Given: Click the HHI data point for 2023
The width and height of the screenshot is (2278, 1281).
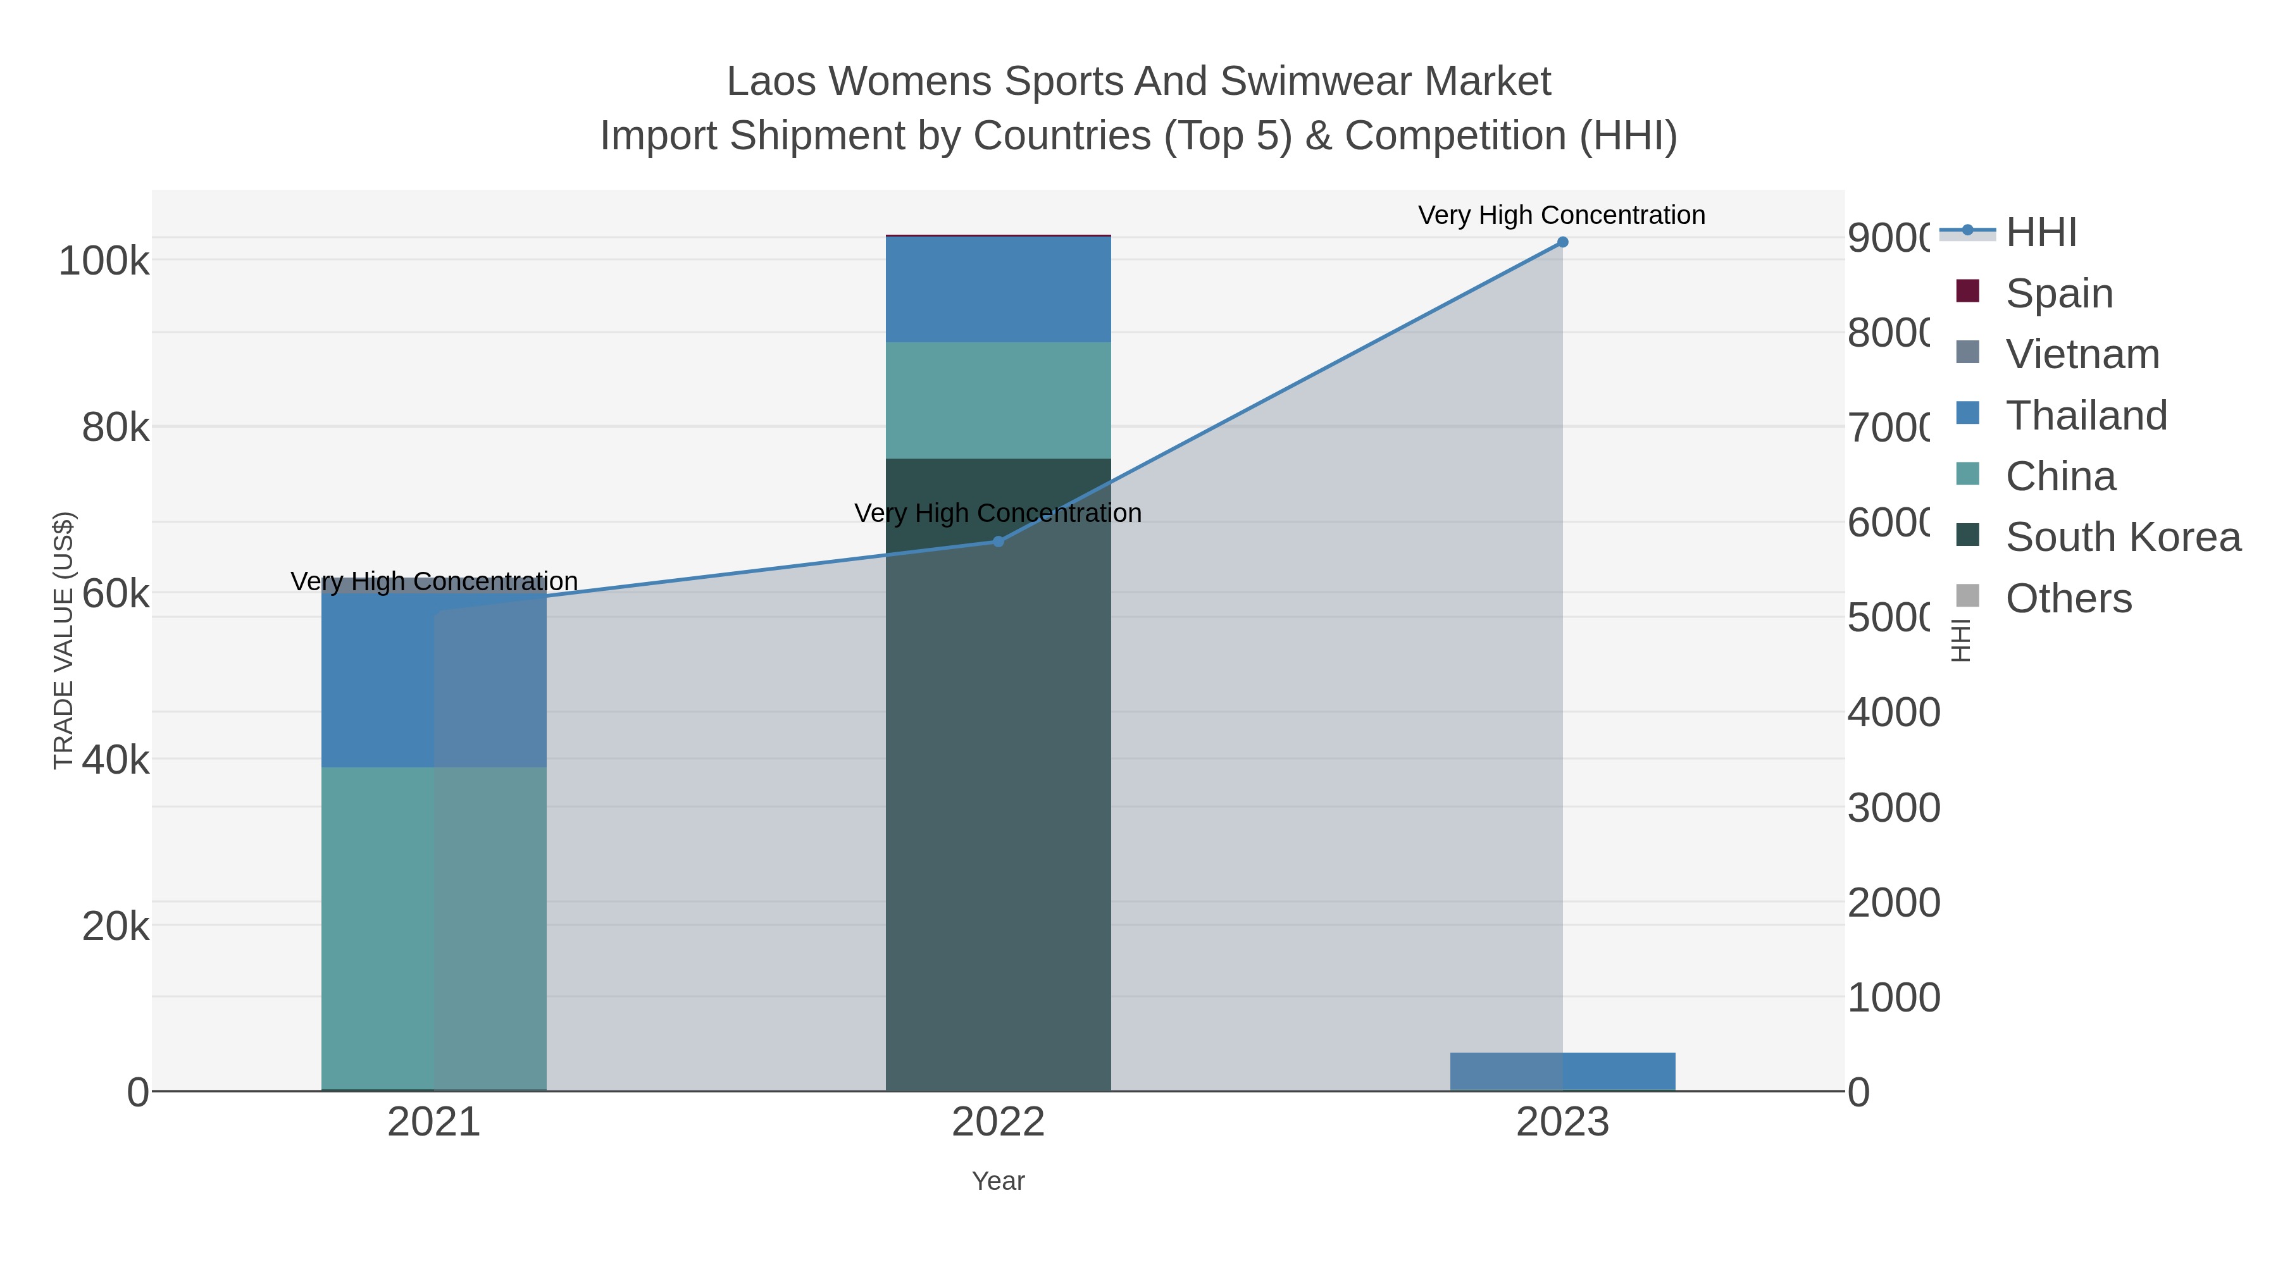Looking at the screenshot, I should (x=1562, y=242).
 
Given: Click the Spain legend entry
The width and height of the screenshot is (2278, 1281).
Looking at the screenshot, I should (x=2058, y=294).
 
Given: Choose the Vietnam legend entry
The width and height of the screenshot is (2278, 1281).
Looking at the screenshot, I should (x=2082, y=354).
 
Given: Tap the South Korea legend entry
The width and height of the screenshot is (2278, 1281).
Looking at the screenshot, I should (x=2122, y=538).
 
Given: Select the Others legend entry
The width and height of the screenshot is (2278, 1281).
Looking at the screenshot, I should (x=2067, y=598).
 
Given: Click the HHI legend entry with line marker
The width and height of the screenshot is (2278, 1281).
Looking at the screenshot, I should (x=2039, y=233).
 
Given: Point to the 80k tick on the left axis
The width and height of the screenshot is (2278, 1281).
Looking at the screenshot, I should (x=116, y=428).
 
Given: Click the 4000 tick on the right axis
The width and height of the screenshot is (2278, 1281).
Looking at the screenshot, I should (x=1893, y=712).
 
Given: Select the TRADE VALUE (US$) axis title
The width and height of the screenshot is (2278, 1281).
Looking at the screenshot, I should (x=64, y=640).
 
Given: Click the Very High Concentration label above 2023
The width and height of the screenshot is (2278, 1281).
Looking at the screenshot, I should (x=1561, y=216).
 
